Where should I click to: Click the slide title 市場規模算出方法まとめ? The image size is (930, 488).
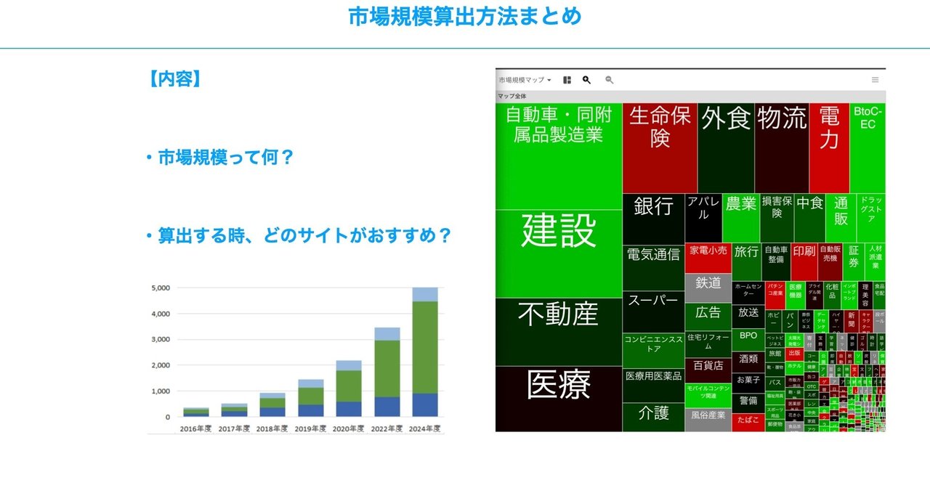[x=465, y=17]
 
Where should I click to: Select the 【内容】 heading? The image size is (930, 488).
[x=174, y=78]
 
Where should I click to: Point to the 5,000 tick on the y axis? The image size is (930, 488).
[x=160, y=288]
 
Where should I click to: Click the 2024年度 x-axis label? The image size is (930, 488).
[x=425, y=428]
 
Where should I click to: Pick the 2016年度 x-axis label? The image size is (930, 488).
[x=195, y=428]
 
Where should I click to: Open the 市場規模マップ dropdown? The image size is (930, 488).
[x=525, y=80]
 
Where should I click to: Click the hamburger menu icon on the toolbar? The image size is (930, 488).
[x=875, y=80]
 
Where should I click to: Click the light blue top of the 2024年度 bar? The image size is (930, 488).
[x=425, y=294]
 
